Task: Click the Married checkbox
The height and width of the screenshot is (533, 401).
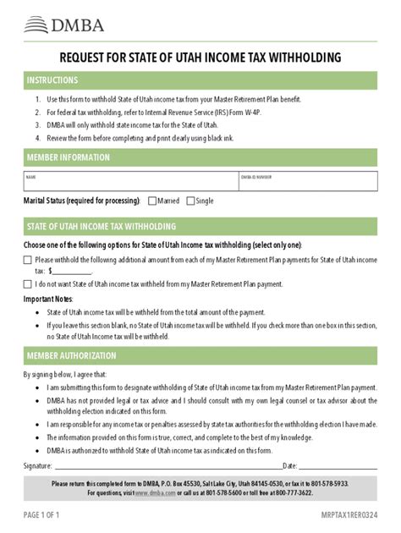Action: pyautogui.click(x=152, y=201)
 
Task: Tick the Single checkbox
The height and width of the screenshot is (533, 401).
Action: pyautogui.click(x=190, y=201)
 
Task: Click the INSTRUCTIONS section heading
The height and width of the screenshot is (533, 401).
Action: pyautogui.click(x=52, y=80)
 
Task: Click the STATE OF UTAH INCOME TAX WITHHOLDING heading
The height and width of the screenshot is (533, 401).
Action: pyautogui.click(x=102, y=227)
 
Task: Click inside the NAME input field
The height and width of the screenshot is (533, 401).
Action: pyautogui.click(x=127, y=181)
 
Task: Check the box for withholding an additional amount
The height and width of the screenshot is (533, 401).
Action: pyautogui.click(x=28, y=260)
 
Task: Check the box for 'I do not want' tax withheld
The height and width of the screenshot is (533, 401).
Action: pyautogui.click(x=28, y=284)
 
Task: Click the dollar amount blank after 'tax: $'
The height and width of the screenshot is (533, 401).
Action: pyautogui.click(x=73, y=272)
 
